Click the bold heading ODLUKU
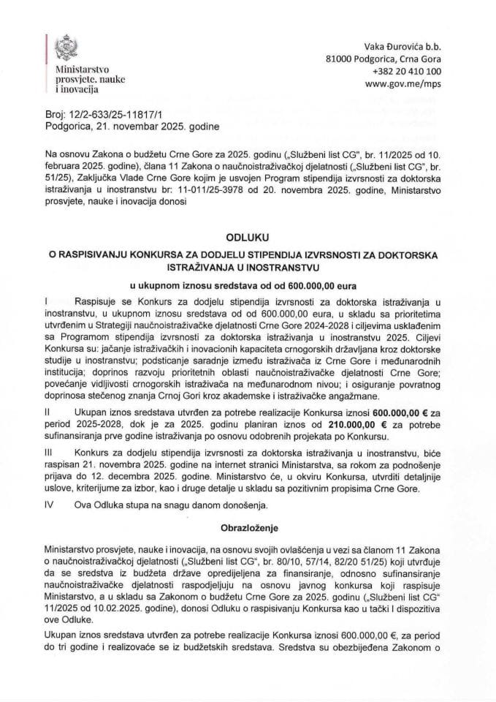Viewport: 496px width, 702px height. point(248,237)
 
